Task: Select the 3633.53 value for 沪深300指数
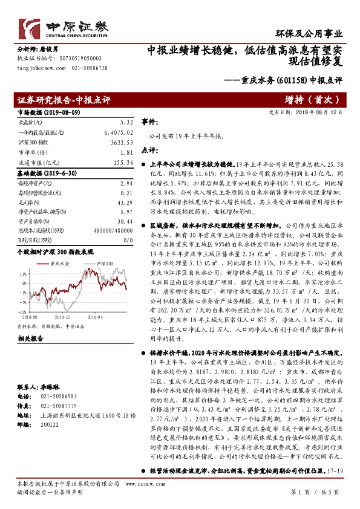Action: point(121,142)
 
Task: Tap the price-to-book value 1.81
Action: point(126,152)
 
